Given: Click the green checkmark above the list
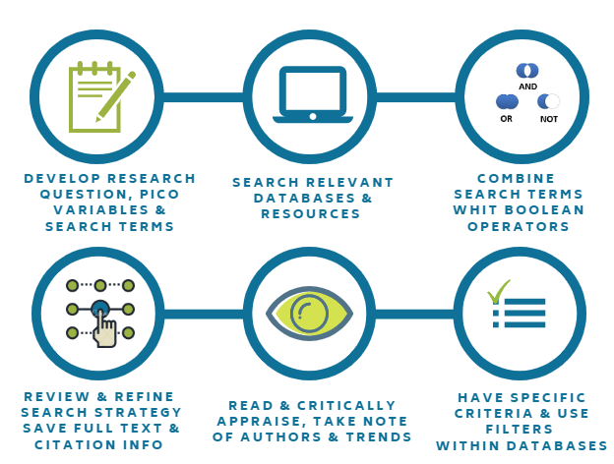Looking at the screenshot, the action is [x=498, y=290].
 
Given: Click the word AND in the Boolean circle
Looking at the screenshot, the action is [x=527, y=87].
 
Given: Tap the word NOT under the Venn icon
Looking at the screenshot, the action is [x=548, y=119].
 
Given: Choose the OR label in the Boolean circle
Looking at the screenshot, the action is [x=507, y=119].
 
